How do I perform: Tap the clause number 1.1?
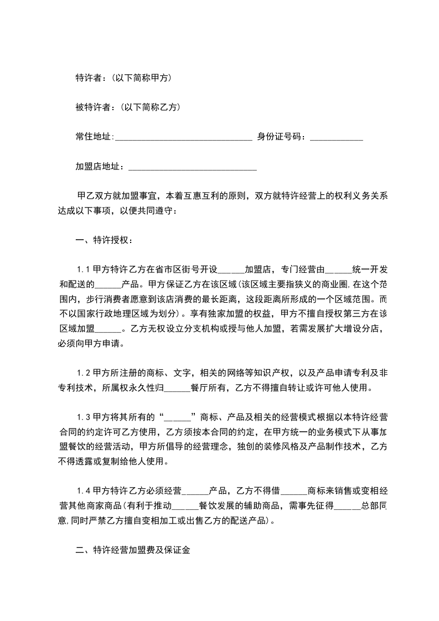84,270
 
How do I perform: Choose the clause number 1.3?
84,417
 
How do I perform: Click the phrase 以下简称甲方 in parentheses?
141,78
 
